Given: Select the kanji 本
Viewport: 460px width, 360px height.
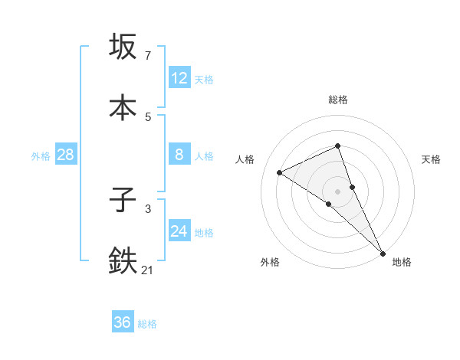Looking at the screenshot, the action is pos(123,107).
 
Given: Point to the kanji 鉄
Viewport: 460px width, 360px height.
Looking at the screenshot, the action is pos(123,261).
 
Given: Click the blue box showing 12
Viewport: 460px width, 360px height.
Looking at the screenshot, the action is pos(179,78).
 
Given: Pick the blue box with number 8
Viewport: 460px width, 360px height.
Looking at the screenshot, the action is pos(179,155).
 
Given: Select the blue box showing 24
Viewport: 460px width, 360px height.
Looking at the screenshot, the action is pos(179,231).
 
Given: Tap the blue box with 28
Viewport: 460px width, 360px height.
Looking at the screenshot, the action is pos(66,155).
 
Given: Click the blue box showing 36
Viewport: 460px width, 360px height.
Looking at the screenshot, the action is pos(123,322).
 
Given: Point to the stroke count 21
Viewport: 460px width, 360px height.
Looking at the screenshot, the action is pos(148,270).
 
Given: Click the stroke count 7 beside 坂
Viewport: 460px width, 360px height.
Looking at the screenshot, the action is pos(148,56).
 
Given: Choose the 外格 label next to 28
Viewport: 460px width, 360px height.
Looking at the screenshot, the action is pos(41,155).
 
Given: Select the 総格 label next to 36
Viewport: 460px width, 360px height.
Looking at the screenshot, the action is pos(147,324).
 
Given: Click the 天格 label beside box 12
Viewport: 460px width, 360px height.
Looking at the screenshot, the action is pos(204,79).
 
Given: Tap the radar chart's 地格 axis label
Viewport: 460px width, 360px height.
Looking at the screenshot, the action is pos(402,262).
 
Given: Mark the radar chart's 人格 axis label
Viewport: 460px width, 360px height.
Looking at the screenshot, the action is pos(245,159).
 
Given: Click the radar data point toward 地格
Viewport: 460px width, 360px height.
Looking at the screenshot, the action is pos(383,253).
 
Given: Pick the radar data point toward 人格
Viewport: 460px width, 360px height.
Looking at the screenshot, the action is pos(280,172).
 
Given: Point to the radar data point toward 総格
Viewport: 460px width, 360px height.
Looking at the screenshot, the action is pos(337,146).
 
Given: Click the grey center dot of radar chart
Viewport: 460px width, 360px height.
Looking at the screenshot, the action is pos(337,191).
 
